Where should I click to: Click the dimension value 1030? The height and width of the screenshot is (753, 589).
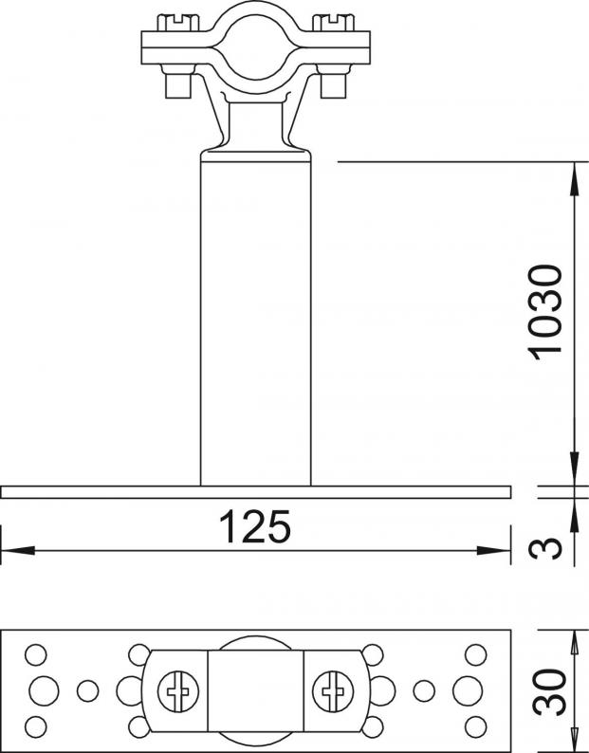(x=544, y=312)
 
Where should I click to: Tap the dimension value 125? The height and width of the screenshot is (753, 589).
(x=254, y=526)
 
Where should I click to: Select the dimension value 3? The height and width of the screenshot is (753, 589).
(x=545, y=548)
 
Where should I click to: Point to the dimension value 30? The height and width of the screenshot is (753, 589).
(x=549, y=691)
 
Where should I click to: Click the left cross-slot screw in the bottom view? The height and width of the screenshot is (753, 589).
(x=178, y=690)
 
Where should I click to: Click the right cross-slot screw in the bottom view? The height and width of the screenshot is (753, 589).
(x=333, y=690)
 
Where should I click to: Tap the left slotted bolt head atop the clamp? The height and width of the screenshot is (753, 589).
(x=178, y=23)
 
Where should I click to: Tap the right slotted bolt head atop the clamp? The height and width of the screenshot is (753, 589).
(x=334, y=23)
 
